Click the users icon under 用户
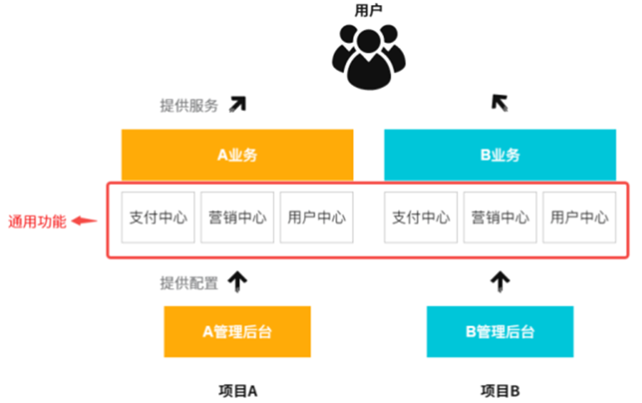368,56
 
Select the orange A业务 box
237,155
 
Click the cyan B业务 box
500,155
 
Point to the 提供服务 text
189,105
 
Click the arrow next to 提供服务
238,104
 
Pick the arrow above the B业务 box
499,103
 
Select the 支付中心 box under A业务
158,218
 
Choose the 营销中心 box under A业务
237,218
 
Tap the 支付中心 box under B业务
421,218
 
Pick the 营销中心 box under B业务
500,218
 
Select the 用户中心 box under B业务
579,218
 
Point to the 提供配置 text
189,283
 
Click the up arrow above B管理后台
499,282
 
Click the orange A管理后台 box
237,332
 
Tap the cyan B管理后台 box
499,332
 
